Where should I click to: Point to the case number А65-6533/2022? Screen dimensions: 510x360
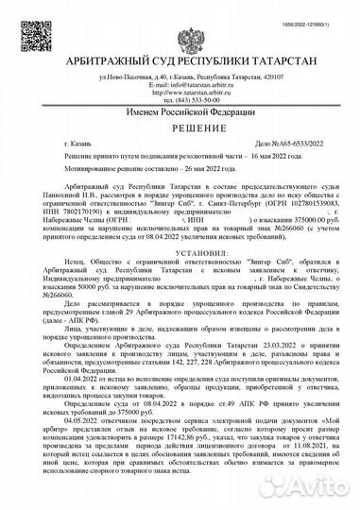click(285, 153)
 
